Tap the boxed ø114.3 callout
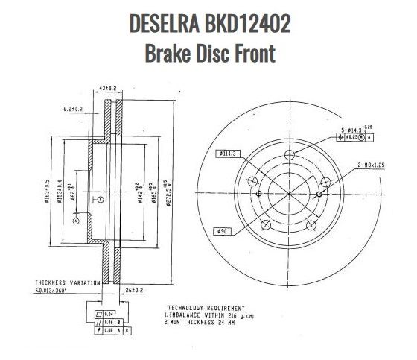click(x=229, y=154)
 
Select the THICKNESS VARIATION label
click(x=66, y=283)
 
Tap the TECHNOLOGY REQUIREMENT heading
click(x=206, y=307)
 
